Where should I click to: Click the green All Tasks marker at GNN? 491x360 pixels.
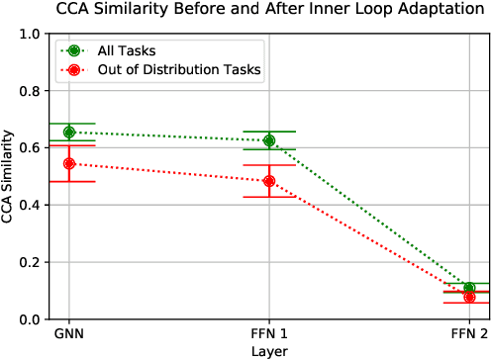pyautogui.click(x=69, y=132)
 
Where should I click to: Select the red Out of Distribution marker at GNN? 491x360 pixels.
pyautogui.click(x=69, y=163)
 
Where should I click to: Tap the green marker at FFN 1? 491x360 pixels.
pyautogui.click(x=269, y=140)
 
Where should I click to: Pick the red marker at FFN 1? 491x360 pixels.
pyautogui.click(x=269, y=181)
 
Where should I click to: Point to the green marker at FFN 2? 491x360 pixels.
pyautogui.click(x=469, y=288)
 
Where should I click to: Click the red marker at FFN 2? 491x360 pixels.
pyautogui.click(x=469, y=297)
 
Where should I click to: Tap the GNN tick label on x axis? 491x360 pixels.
pyautogui.click(x=69, y=334)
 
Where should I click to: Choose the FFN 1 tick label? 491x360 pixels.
pyautogui.click(x=269, y=334)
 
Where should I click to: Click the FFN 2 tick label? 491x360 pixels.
pyautogui.click(x=469, y=334)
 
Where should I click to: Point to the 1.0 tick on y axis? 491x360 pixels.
pyautogui.click(x=30, y=34)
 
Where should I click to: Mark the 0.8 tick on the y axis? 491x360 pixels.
pyautogui.click(x=30, y=91)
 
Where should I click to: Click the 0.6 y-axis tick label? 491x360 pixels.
pyautogui.click(x=30, y=148)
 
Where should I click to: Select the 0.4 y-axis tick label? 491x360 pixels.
pyautogui.click(x=30, y=206)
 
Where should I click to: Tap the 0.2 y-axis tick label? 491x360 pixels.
pyautogui.click(x=30, y=263)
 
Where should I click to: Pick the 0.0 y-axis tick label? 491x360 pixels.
pyautogui.click(x=30, y=319)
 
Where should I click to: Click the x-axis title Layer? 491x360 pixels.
pyautogui.click(x=269, y=350)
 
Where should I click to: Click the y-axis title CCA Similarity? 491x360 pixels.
pyautogui.click(x=9, y=177)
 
